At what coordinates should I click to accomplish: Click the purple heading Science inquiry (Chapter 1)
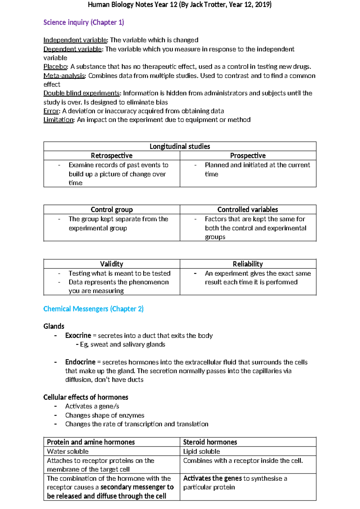click(83, 23)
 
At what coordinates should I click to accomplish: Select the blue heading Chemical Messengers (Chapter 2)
click(93, 309)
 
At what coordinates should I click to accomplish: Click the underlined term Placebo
click(55, 67)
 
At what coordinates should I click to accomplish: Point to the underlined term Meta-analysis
click(64, 76)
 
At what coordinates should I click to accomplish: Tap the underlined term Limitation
click(58, 120)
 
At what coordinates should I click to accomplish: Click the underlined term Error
click(51, 111)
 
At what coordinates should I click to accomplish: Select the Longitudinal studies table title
click(180, 146)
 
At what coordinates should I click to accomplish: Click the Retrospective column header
click(112, 155)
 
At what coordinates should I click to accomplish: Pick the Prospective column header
click(248, 155)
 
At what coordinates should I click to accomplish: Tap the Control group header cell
click(112, 209)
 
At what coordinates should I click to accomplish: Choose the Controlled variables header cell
click(247, 209)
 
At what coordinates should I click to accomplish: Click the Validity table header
click(112, 264)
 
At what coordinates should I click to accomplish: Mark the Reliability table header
click(248, 264)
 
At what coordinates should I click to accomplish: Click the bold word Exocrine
click(78, 336)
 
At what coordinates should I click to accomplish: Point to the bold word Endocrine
click(80, 362)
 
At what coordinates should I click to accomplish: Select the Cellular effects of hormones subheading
click(85, 397)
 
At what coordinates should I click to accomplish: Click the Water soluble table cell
click(68, 451)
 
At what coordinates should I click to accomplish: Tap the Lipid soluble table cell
click(201, 451)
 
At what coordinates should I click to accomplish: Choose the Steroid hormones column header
click(210, 442)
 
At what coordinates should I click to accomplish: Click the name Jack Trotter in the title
click(208, 5)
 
